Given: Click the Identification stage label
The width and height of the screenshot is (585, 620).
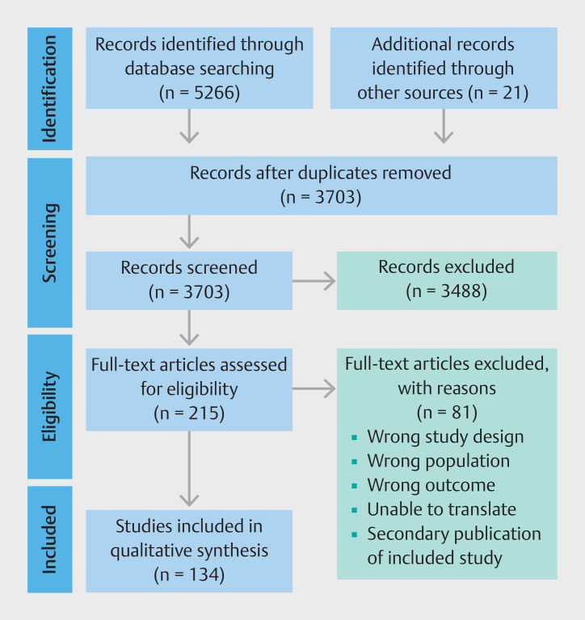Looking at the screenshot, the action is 50,89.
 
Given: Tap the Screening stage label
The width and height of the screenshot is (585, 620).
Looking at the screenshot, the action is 50,243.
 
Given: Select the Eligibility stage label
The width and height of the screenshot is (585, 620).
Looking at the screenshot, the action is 50,407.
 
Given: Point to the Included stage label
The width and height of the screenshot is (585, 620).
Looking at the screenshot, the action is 50,539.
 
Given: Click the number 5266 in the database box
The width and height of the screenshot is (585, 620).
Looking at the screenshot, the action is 216,93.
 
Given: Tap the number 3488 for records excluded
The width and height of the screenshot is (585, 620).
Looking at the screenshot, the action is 463,291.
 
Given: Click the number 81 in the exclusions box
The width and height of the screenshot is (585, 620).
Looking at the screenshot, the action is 462,412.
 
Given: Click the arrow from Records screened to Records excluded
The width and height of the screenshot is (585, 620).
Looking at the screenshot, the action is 314,281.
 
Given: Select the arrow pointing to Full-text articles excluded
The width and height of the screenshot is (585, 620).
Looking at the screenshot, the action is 314,388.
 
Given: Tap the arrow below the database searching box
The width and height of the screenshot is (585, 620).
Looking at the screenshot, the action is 189,126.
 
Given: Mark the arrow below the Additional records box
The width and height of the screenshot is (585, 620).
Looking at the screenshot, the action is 444,126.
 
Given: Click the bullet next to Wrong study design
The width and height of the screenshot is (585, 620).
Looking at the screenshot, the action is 354,438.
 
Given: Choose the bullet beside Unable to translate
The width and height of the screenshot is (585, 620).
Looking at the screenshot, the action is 354,510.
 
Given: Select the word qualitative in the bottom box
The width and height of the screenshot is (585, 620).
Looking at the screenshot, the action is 148,551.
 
